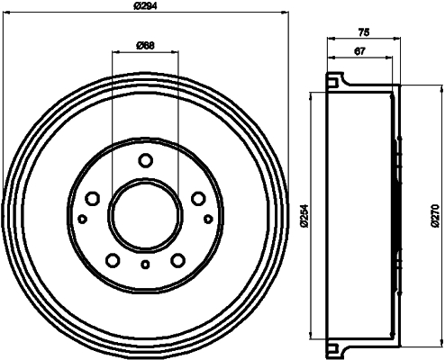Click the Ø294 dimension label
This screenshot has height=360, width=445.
tap(146, 8)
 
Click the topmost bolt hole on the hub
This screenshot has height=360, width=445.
tap(145, 161)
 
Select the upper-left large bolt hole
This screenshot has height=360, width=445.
tap(92, 200)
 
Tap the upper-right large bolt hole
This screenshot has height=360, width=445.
tap(197, 200)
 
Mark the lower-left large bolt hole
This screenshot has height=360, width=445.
tap(113, 261)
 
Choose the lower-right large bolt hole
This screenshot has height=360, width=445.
tap(177, 261)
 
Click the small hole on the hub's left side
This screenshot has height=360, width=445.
tap(82, 219)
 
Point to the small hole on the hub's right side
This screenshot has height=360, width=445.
tap(208, 219)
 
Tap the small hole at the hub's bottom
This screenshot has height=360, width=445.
tap(145, 265)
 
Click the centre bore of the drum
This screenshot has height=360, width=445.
tap(145, 215)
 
